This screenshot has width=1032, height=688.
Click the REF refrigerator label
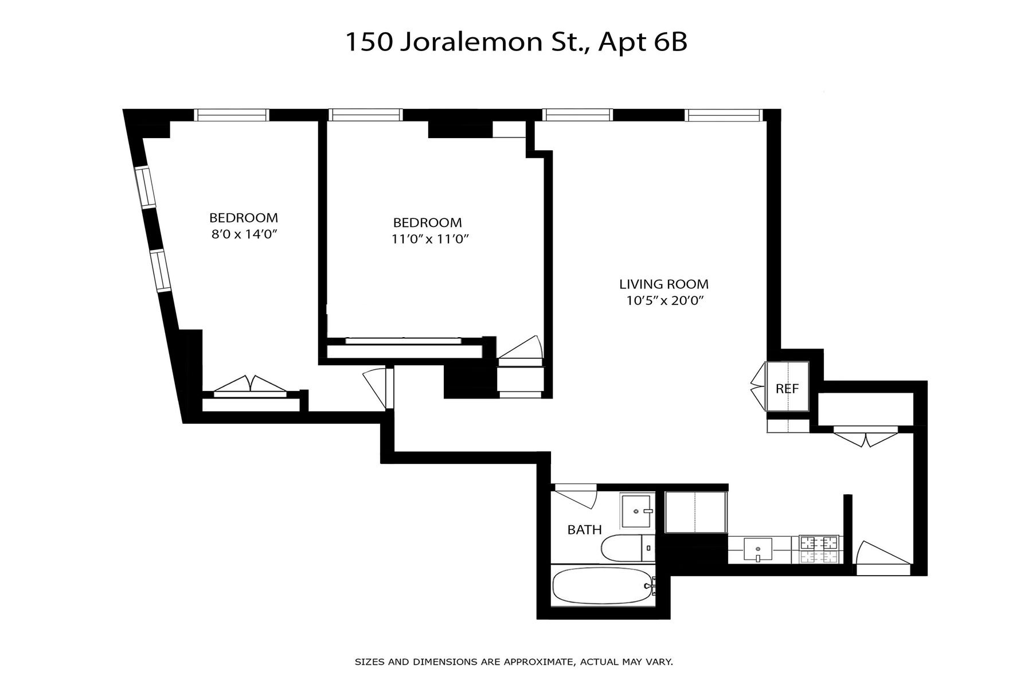point(787,388)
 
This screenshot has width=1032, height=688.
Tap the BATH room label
point(584,530)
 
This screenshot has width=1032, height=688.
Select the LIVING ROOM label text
point(663,284)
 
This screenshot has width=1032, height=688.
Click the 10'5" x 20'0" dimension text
point(663,301)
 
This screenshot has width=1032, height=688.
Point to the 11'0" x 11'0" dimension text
point(430,240)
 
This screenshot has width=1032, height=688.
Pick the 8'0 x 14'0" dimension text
point(244,234)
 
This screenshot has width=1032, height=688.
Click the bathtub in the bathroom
point(602,585)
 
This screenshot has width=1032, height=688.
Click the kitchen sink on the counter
point(757,548)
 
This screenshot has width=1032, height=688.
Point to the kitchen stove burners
point(819,549)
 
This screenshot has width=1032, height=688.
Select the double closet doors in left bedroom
point(251,385)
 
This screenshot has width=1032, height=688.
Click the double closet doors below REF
point(866,437)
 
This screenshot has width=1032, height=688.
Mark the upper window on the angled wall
point(145,187)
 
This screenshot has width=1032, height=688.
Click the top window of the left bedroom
point(232,115)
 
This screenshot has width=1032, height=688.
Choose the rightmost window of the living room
point(724,115)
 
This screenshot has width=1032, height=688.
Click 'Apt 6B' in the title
point(642,43)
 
